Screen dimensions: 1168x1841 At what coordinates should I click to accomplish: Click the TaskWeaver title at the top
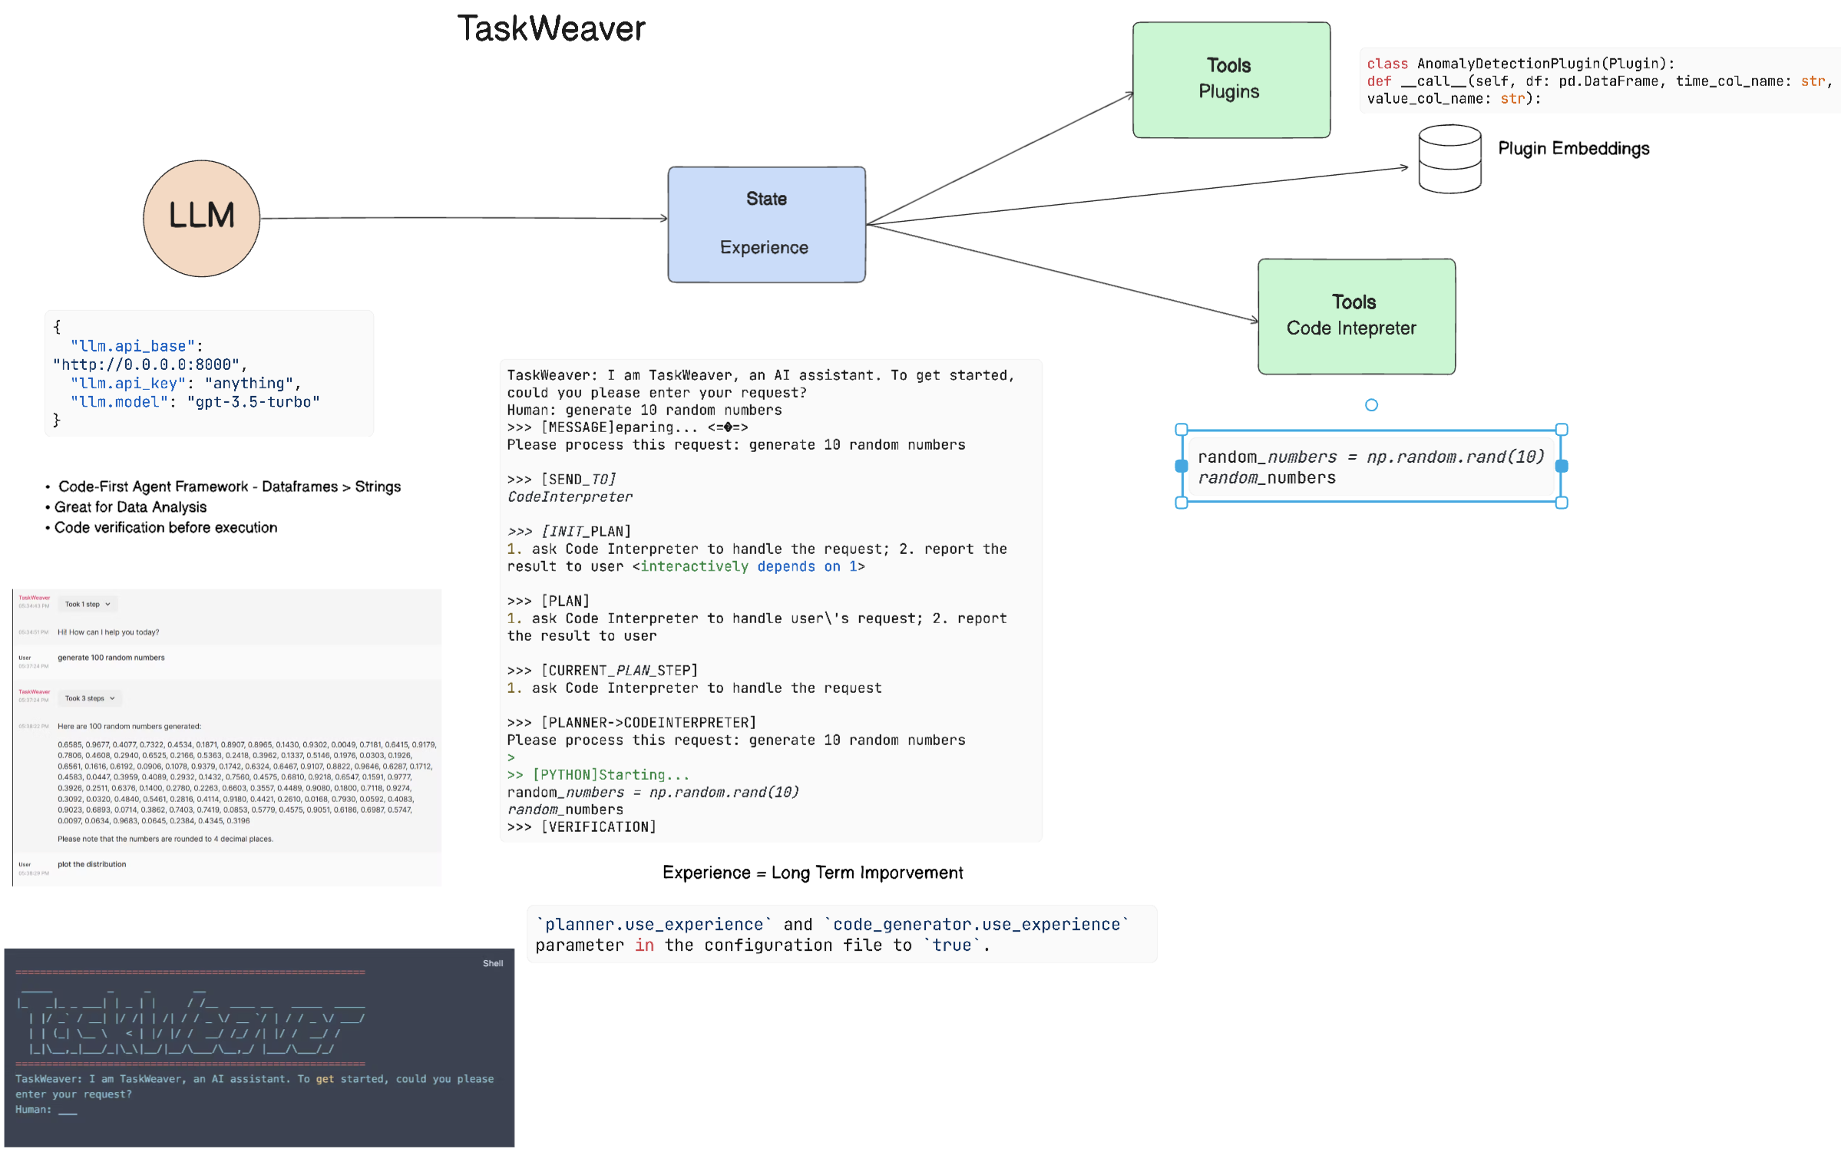pyautogui.click(x=551, y=29)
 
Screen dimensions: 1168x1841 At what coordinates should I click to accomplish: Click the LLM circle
pyautogui.click(x=201, y=218)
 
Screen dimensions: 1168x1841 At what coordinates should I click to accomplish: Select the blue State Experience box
pyautogui.click(x=766, y=224)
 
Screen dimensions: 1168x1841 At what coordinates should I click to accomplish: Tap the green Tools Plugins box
pyautogui.click(x=1231, y=80)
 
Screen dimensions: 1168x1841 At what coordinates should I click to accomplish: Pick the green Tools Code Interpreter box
pyautogui.click(x=1356, y=316)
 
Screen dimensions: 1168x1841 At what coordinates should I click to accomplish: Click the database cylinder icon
pyautogui.click(x=1449, y=159)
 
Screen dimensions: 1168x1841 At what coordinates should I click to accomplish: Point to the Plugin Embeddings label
pyautogui.click(x=1573, y=149)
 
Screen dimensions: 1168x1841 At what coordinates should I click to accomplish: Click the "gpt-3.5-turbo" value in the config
pyautogui.click(x=253, y=402)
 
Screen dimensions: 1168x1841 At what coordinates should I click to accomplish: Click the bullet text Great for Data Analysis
pyautogui.click(x=131, y=507)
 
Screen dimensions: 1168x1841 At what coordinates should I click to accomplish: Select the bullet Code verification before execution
pyautogui.click(x=166, y=528)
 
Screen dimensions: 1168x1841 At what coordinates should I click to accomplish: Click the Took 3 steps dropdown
pyautogui.click(x=90, y=698)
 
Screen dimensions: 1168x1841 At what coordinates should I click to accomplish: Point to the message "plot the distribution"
pyautogui.click(x=92, y=864)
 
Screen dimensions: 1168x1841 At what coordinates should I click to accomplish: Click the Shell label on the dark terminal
pyautogui.click(x=493, y=963)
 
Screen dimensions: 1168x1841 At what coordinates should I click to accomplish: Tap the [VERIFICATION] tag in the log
pyautogui.click(x=599, y=827)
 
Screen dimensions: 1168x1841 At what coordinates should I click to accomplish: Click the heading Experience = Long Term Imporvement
pyautogui.click(x=812, y=873)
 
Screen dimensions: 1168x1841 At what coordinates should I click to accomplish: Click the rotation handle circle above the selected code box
pyautogui.click(x=1371, y=405)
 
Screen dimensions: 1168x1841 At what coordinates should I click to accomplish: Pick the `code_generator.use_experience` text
pyautogui.click(x=977, y=925)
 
